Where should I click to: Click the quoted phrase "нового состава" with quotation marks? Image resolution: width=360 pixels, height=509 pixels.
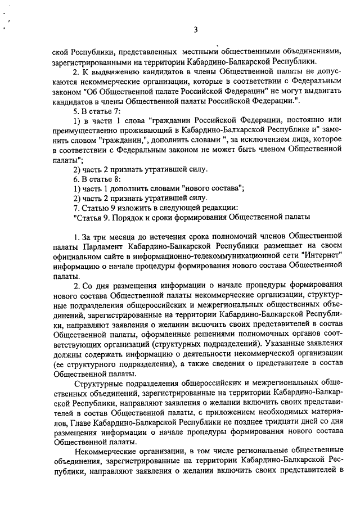point(213,188)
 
